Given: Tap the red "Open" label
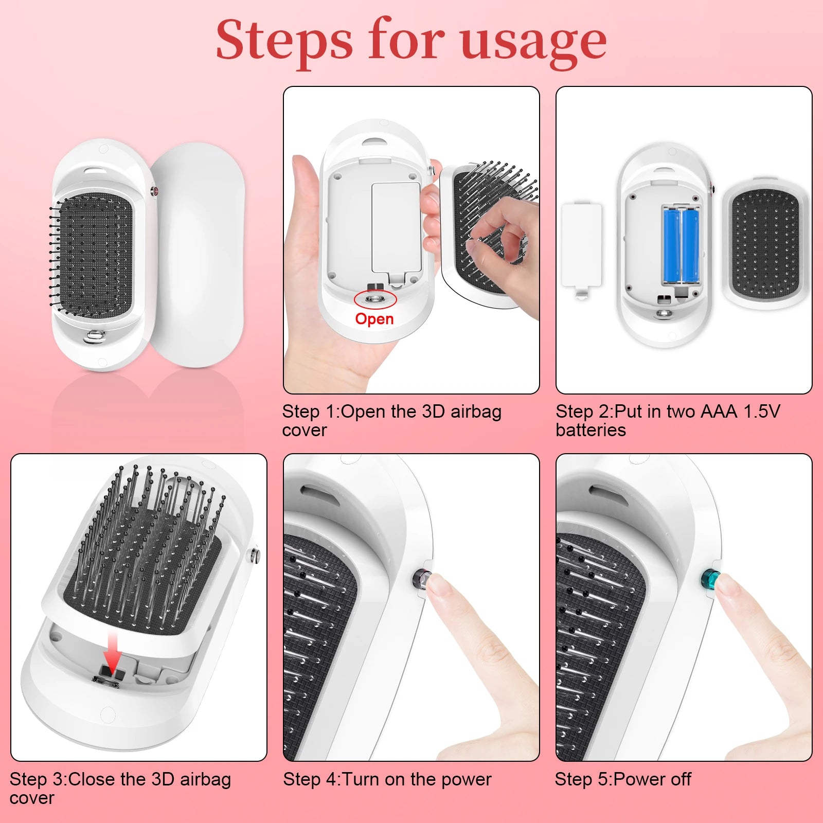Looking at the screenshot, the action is coord(374,319).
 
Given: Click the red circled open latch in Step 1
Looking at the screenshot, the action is coord(375,299).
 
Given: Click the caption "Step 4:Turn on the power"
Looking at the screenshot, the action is coord(387,779).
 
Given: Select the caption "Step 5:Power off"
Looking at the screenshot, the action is coord(623,779).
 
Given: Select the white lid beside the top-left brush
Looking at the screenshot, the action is coord(196,255).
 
